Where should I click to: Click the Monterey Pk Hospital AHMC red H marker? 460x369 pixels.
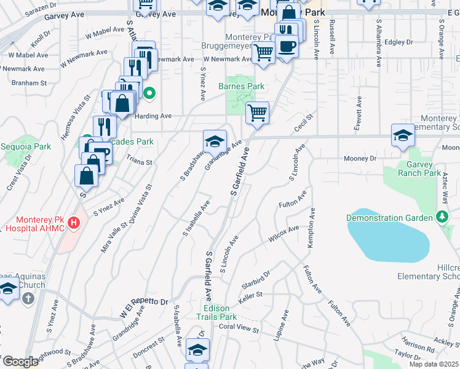coord(74,223)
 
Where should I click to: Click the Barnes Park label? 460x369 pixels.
coord(241,87)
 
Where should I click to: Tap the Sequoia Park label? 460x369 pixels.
coord(26,147)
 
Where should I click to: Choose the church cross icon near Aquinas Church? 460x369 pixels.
coord(27,298)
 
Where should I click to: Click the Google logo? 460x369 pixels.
coord(20,362)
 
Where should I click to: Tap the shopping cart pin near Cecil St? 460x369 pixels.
coord(257,113)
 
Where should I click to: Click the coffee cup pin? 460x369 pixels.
coord(286,47)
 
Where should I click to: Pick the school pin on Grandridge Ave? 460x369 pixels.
coord(215,141)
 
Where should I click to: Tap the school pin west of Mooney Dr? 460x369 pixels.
coord(402,135)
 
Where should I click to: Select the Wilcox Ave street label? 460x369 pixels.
coord(284,234)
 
